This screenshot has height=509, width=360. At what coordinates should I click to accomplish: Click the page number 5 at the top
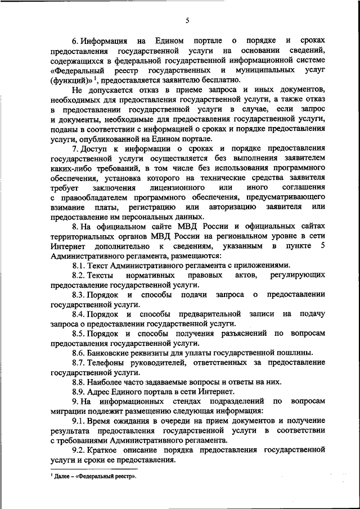point(188,21)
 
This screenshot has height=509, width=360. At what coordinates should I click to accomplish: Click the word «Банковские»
point(113,353)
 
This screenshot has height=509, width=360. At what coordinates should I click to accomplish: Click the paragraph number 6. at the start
point(75,41)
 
